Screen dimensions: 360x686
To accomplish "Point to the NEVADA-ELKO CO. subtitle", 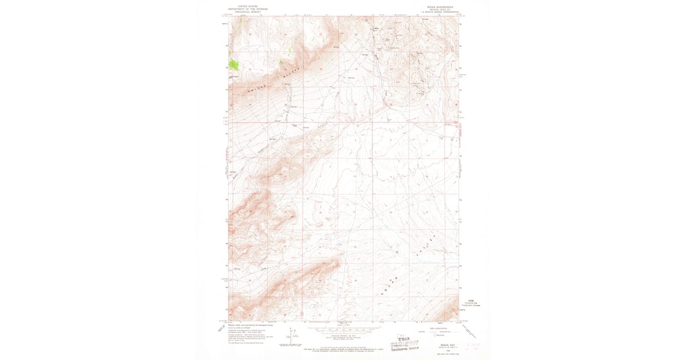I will click(x=441, y=10).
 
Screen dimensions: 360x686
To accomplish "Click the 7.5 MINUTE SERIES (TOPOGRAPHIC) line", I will click(x=441, y=13).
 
